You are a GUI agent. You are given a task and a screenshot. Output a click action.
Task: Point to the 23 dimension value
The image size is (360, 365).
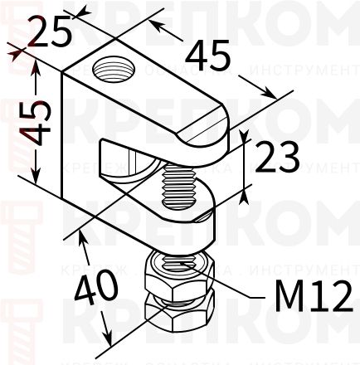277,158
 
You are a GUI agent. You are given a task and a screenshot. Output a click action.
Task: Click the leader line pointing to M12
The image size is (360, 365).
241,286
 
